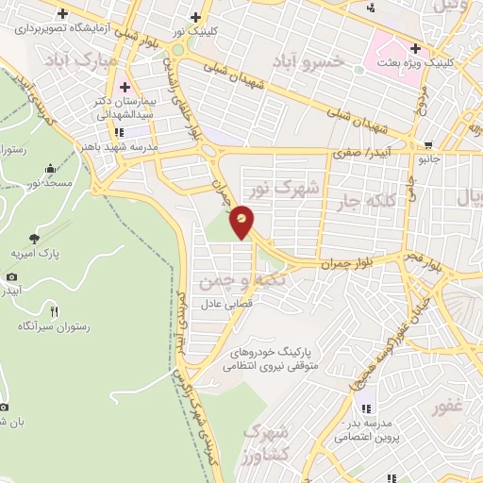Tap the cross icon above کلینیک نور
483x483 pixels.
(195, 16)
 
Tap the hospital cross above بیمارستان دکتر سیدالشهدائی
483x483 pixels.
(124, 88)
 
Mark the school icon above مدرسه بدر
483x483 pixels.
(366, 408)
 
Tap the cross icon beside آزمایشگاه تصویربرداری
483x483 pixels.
(63, 14)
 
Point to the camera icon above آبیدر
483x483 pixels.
(11, 276)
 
